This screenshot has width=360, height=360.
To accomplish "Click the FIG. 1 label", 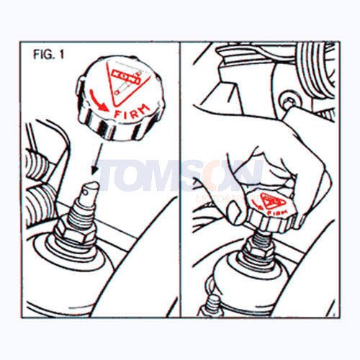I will click(x=48, y=55).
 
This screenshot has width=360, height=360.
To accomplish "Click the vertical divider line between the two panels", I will click(x=180, y=180).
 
